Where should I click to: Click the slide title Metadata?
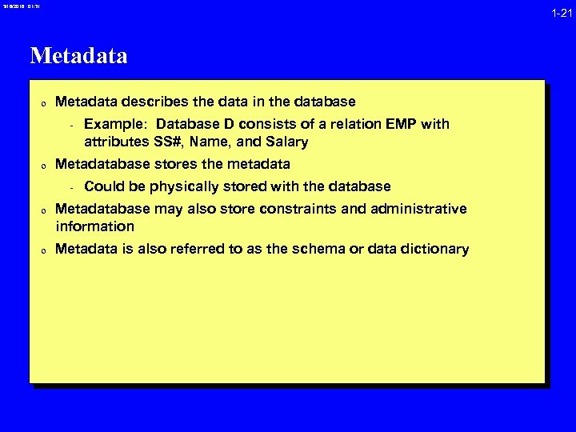[78, 57]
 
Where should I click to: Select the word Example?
[115, 124]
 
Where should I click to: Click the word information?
[94, 226]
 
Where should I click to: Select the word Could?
[102, 186]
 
